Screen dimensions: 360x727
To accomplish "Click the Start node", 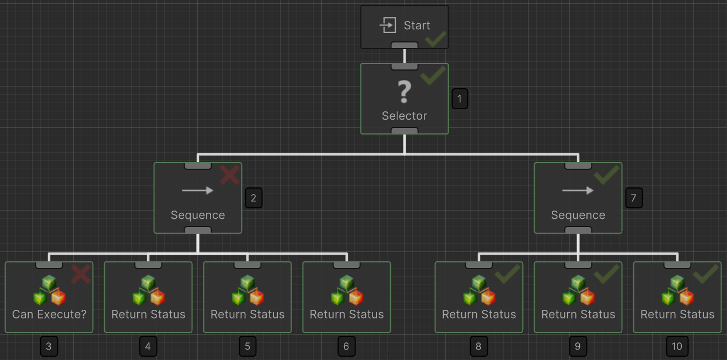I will [404, 26].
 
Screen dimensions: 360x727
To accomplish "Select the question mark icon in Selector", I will [405, 92].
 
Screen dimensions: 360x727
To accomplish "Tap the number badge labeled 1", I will [460, 99].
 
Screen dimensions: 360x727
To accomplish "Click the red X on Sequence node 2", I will [230, 175].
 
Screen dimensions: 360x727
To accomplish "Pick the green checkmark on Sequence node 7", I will [607, 175].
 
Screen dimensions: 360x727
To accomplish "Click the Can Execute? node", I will [49, 297].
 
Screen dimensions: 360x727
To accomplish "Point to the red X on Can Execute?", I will [81, 274].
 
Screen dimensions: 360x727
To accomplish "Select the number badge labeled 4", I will [148, 346].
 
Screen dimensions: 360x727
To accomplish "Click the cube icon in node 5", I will [247, 291].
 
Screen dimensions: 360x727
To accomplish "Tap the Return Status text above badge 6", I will [347, 315].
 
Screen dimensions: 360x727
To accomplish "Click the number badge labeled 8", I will [478, 346].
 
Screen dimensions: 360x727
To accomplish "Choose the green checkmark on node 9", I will [607, 274].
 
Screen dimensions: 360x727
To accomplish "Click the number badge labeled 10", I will [677, 346].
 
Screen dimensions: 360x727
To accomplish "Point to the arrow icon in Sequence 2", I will [197, 191].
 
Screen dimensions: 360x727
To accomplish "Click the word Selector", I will [405, 116].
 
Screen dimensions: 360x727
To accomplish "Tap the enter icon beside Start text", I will [388, 25].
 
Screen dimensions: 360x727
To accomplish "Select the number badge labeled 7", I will [634, 198].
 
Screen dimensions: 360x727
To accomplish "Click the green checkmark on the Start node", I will [435, 39].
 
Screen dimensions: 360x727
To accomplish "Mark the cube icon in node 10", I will [677, 291].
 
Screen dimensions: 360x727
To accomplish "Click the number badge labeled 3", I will [49, 346].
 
